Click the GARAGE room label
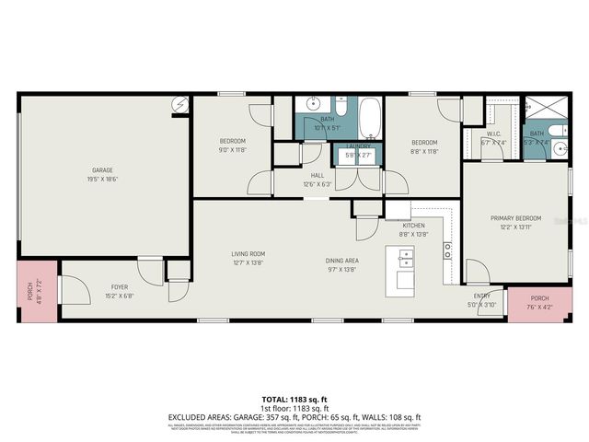(x=101, y=169)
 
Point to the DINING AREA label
(x=341, y=261)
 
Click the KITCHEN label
(x=412, y=226)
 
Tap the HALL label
(x=318, y=175)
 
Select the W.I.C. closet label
(x=493, y=134)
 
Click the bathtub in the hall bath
(x=369, y=119)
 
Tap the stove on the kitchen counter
(x=448, y=247)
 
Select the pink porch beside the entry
(x=539, y=302)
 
